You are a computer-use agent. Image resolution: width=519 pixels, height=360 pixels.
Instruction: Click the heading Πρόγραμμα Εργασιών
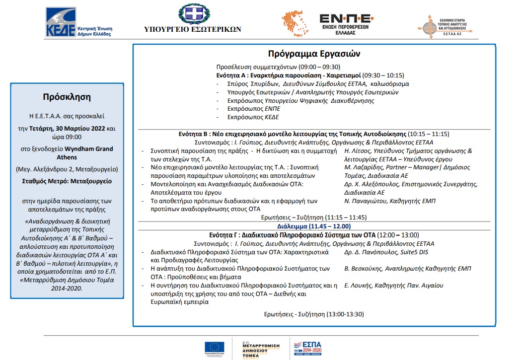pos(314,54)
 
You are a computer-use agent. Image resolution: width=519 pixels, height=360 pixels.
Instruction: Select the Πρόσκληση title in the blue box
pos(67,96)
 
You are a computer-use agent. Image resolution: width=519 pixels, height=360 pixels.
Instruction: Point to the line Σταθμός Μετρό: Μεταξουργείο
pos(67,181)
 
